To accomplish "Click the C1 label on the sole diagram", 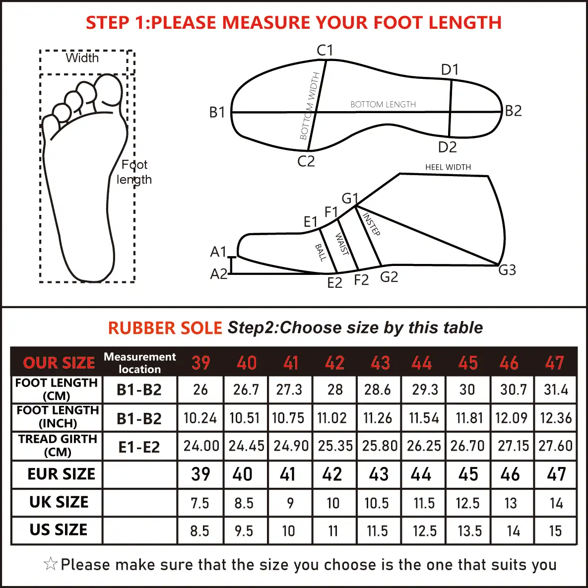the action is click(325, 50).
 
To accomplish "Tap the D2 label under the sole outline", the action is click(448, 147).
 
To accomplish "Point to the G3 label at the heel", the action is click(507, 269).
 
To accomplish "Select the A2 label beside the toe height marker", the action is click(219, 274).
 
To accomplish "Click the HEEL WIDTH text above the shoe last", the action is click(448, 167).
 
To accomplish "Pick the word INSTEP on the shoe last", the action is click(371, 224).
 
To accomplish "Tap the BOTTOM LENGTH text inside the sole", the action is click(383, 104).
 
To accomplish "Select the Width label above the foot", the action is click(82, 58).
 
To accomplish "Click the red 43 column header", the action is click(380, 363).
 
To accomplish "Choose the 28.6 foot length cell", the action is click(377, 390).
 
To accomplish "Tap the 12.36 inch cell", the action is click(556, 418).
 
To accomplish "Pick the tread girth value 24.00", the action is click(201, 446).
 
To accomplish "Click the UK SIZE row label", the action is click(59, 502).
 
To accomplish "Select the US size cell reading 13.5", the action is click(469, 531).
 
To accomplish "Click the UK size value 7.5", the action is click(200, 503).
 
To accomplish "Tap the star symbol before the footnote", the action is click(51, 564).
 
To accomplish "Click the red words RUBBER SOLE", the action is click(165, 328).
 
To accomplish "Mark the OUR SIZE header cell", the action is click(59, 363).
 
